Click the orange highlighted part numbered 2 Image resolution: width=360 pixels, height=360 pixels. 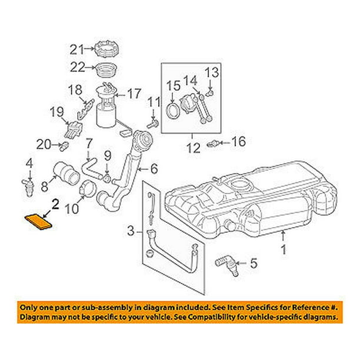(38, 221)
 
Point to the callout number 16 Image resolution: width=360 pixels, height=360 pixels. (238, 142)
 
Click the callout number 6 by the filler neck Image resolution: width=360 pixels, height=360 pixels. (154, 169)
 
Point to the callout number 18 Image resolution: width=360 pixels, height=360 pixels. (75, 90)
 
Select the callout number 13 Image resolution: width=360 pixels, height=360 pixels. (212, 72)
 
